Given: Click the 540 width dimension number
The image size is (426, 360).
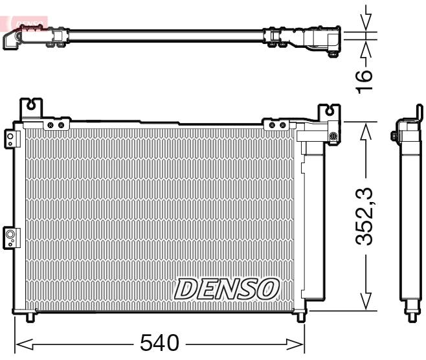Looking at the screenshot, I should (159, 343).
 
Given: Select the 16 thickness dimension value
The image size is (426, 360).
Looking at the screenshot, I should (366, 78).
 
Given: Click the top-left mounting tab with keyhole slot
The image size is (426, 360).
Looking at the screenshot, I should (31, 107).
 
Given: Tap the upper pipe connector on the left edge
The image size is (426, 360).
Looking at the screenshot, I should (10, 138).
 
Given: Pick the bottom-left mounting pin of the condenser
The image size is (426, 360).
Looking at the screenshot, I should (30, 317).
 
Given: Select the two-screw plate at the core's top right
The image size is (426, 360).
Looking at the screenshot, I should (278, 124).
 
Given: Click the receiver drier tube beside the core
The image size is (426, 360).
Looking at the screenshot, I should (313, 214).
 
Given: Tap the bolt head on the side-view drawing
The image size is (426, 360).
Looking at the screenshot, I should (394, 136).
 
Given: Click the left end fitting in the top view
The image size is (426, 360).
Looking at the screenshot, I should (14, 39).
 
